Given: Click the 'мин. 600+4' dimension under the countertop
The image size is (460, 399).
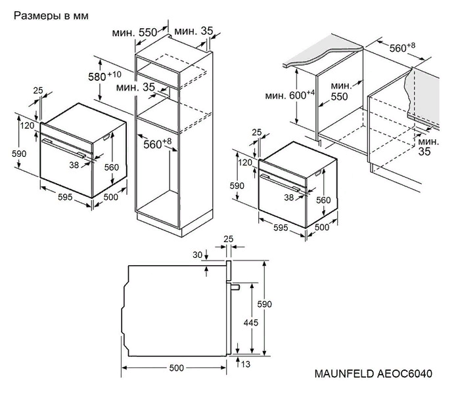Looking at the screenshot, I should [290, 94].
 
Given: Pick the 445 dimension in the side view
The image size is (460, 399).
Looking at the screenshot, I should [250, 323].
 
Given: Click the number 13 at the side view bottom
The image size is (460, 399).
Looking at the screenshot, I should [246, 364].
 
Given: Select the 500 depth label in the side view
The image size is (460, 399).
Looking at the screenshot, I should [176, 368].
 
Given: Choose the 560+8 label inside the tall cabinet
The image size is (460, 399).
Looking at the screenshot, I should [156, 144].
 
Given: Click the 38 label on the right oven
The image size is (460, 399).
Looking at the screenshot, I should [289, 196].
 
